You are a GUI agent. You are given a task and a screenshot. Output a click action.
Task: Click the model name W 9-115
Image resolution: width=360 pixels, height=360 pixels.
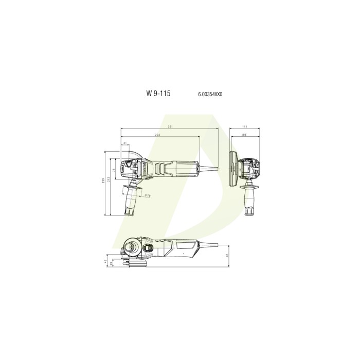158,94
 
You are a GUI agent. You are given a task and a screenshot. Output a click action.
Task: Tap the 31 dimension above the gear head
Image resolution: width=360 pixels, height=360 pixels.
125,143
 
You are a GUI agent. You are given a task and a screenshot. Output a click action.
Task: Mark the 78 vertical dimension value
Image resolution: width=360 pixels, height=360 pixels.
115,170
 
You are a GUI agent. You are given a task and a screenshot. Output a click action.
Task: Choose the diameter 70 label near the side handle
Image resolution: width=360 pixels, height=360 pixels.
147,196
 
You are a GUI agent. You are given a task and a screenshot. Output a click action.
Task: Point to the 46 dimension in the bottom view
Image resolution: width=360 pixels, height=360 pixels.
106,261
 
